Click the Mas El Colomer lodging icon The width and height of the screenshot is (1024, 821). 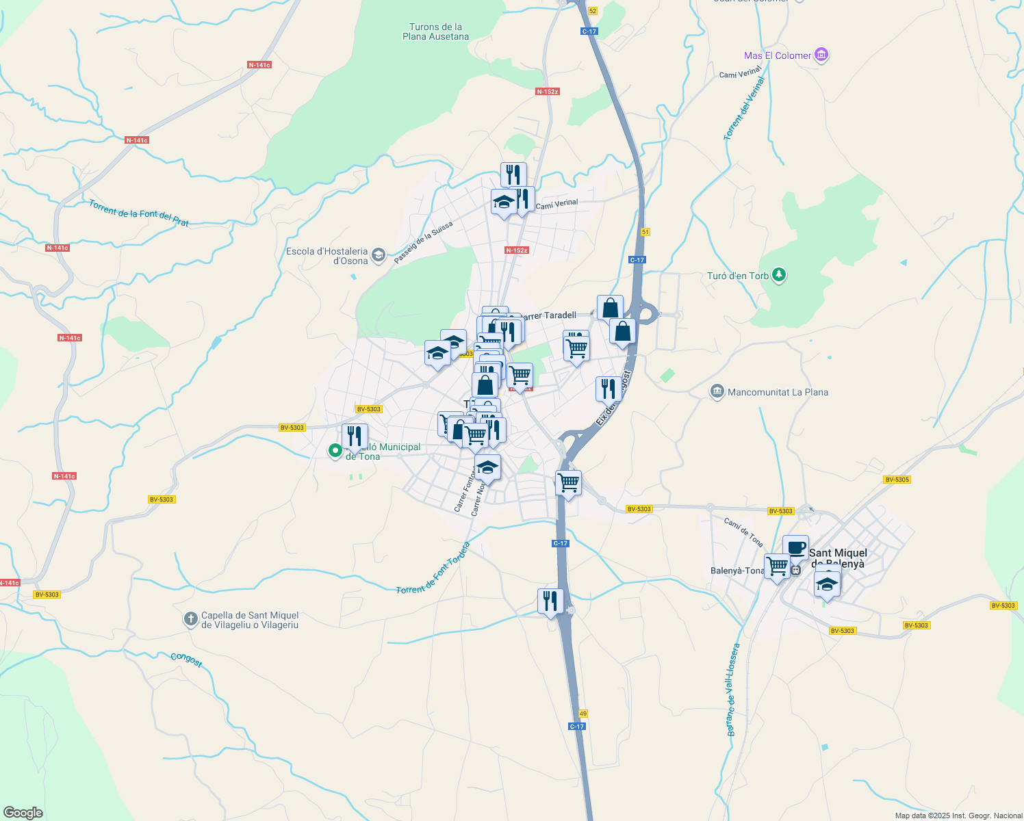[822, 55]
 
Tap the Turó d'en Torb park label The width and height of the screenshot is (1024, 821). [738, 276]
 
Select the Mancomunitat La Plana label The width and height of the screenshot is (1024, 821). [778, 392]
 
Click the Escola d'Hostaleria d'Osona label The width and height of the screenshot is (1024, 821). [327, 256]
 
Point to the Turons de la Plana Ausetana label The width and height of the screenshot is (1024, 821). [435, 31]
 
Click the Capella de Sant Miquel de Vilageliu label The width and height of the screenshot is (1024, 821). [250, 620]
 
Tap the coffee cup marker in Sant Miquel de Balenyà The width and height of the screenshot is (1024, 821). [795, 547]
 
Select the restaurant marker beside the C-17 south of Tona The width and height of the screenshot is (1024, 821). [550, 601]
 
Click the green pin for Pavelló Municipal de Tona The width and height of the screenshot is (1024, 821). [335, 450]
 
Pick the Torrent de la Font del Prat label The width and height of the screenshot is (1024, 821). [138, 213]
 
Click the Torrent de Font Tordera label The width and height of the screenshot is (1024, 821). [433, 568]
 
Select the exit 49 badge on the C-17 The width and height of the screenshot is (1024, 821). [583, 714]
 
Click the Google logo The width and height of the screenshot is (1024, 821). [23, 812]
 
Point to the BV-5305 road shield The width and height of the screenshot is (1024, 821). [897, 480]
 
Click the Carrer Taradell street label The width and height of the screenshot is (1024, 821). [549, 315]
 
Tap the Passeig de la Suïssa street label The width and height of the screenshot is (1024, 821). [423, 242]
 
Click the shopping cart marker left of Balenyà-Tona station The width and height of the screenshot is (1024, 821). [777, 566]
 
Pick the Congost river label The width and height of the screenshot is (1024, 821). [186, 660]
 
